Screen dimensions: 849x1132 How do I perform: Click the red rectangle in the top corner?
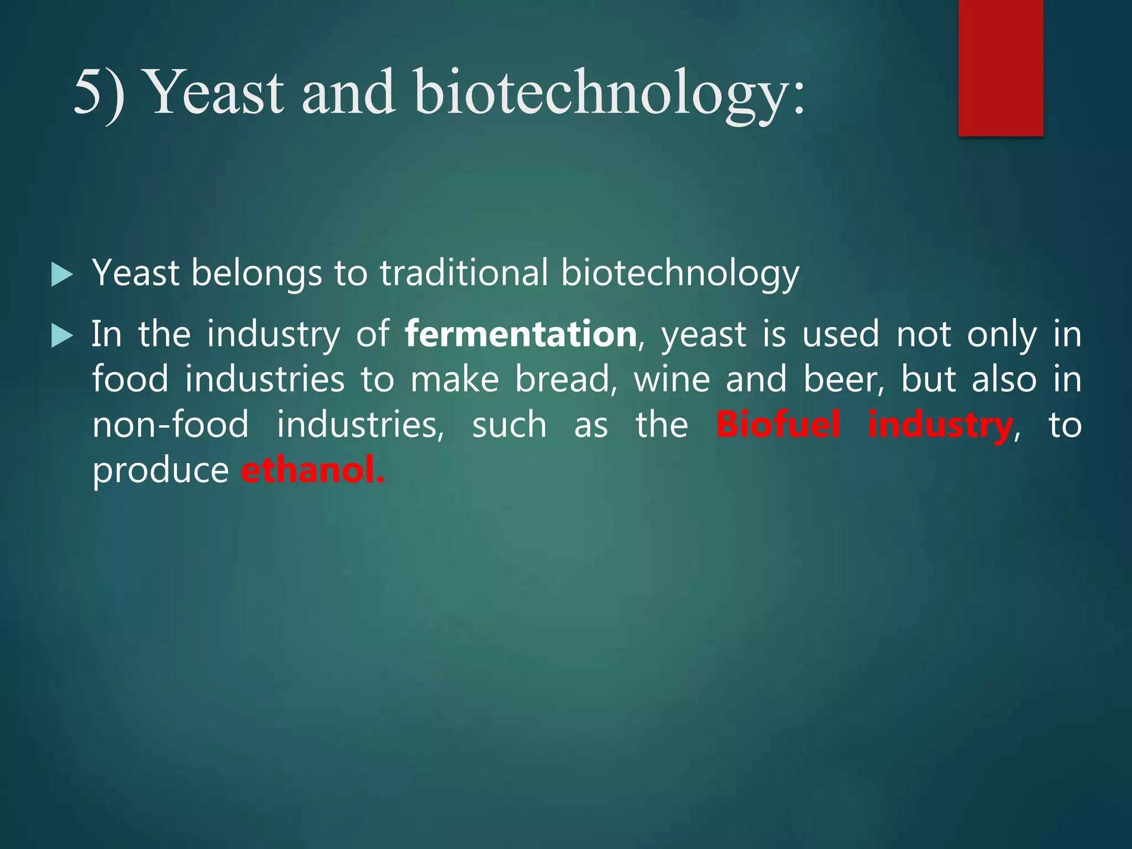(x=1000, y=67)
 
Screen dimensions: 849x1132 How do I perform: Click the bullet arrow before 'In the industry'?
(x=61, y=336)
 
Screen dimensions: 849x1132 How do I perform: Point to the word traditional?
(x=464, y=273)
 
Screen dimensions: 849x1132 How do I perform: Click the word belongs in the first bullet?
(x=256, y=273)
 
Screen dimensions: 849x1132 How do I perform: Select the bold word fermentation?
(x=521, y=334)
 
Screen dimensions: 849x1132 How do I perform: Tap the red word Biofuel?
(x=778, y=425)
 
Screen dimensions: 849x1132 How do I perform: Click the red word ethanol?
(x=312, y=471)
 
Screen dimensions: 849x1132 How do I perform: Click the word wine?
(x=672, y=380)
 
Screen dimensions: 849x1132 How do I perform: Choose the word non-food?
(x=170, y=425)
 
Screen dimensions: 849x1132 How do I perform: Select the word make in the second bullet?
(x=454, y=380)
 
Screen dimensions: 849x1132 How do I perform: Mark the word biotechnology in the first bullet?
(x=680, y=273)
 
